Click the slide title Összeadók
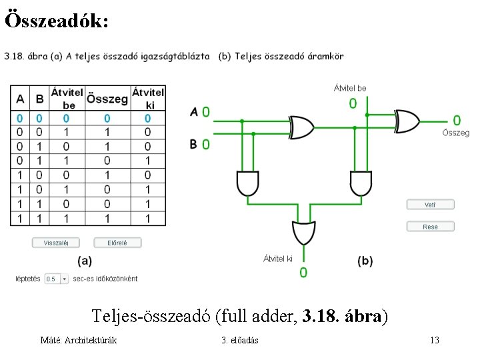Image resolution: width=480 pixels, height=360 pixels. pyautogui.click(x=55, y=21)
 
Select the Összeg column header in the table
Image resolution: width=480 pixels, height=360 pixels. pyautogui.click(x=107, y=99)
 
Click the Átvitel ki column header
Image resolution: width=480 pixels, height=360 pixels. pyautogui.click(x=147, y=99)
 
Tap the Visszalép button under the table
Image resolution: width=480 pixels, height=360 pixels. pyautogui.click(x=55, y=243)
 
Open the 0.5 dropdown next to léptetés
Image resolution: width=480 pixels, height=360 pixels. pyautogui.click(x=57, y=279)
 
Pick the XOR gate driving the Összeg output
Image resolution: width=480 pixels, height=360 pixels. pyautogui.click(x=407, y=121)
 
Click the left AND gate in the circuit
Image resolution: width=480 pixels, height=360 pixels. pyautogui.click(x=247, y=182)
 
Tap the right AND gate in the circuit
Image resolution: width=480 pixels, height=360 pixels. pyautogui.click(x=360, y=182)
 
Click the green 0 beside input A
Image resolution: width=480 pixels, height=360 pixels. pyautogui.click(x=206, y=111)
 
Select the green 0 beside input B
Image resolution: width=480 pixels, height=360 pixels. pyautogui.click(x=206, y=143)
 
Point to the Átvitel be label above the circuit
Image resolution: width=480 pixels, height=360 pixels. pyautogui.click(x=350, y=88)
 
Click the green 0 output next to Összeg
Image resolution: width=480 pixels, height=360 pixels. pyautogui.click(x=457, y=120)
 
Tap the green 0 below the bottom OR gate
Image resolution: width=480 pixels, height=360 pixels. pyautogui.click(x=303, y=272)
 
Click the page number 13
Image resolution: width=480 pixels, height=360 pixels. pyautogui.click(x=434, y=341)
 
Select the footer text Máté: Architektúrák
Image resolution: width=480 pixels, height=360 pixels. pyautogui.click(x=79, y=341)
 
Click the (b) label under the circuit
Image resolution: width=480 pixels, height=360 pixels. pyautogui.click(x=365, y=261)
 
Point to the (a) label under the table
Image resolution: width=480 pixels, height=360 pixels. pyautogui.click(x=85, y=261)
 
